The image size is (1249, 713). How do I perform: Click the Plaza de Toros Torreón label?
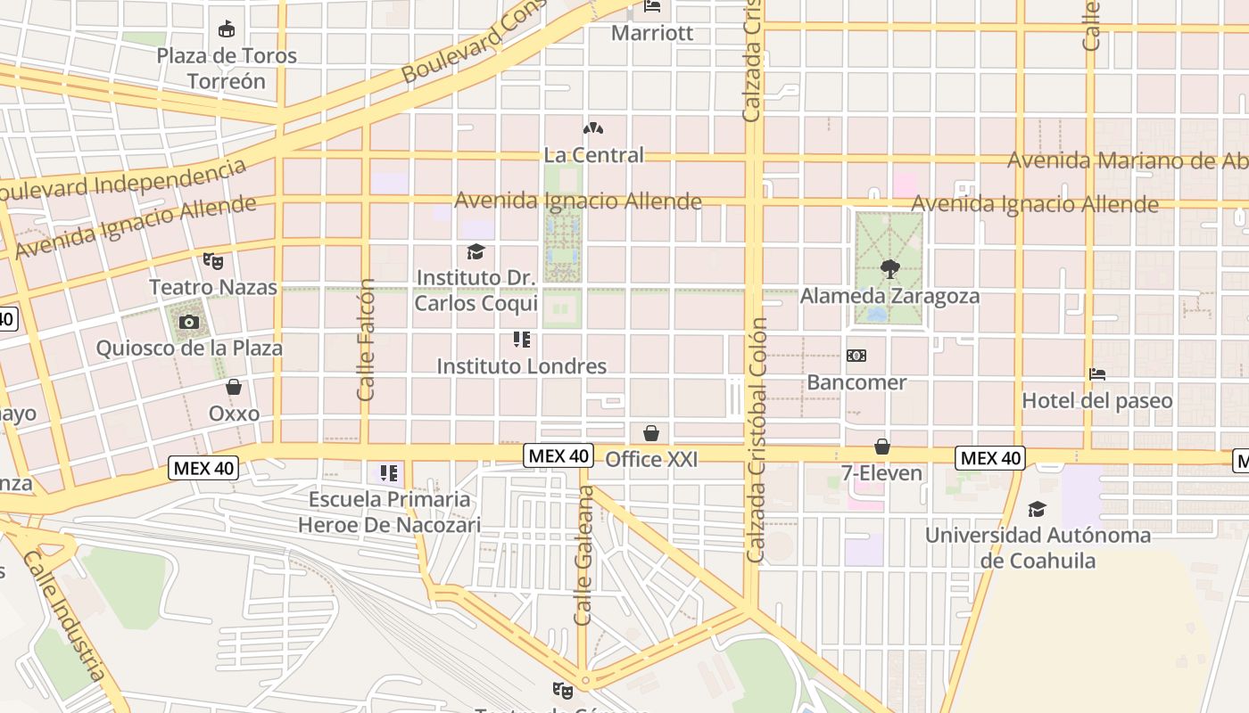[227, 68]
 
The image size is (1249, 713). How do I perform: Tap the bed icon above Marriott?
[652, 7]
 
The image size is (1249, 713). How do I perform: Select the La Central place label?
[593, 155]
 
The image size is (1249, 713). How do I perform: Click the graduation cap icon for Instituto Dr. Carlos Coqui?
[476, 252]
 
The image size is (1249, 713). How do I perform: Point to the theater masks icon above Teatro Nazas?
[212, 261]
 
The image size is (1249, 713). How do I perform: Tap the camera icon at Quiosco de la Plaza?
[189, 322]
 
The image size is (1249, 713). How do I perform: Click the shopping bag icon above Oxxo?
[234, 388]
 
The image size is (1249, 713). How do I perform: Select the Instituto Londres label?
[521, 366]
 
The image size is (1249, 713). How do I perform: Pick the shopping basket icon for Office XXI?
[651, 433]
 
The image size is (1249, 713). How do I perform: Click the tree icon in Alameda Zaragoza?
[889, 268]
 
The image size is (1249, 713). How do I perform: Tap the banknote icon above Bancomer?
[856, 356]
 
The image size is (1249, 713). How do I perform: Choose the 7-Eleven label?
[881, 473]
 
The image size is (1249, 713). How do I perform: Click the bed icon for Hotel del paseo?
[1097, 375]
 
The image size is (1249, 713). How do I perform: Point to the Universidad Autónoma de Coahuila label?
[1038, 548]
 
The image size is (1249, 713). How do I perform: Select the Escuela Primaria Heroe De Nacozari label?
[389, 512]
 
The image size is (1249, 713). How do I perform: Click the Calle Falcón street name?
[366, 340]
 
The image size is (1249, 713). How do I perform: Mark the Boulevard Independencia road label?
[123, 179]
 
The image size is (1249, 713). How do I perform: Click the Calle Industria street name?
[65, 615]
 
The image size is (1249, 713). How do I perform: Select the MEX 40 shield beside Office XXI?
[558, 455]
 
